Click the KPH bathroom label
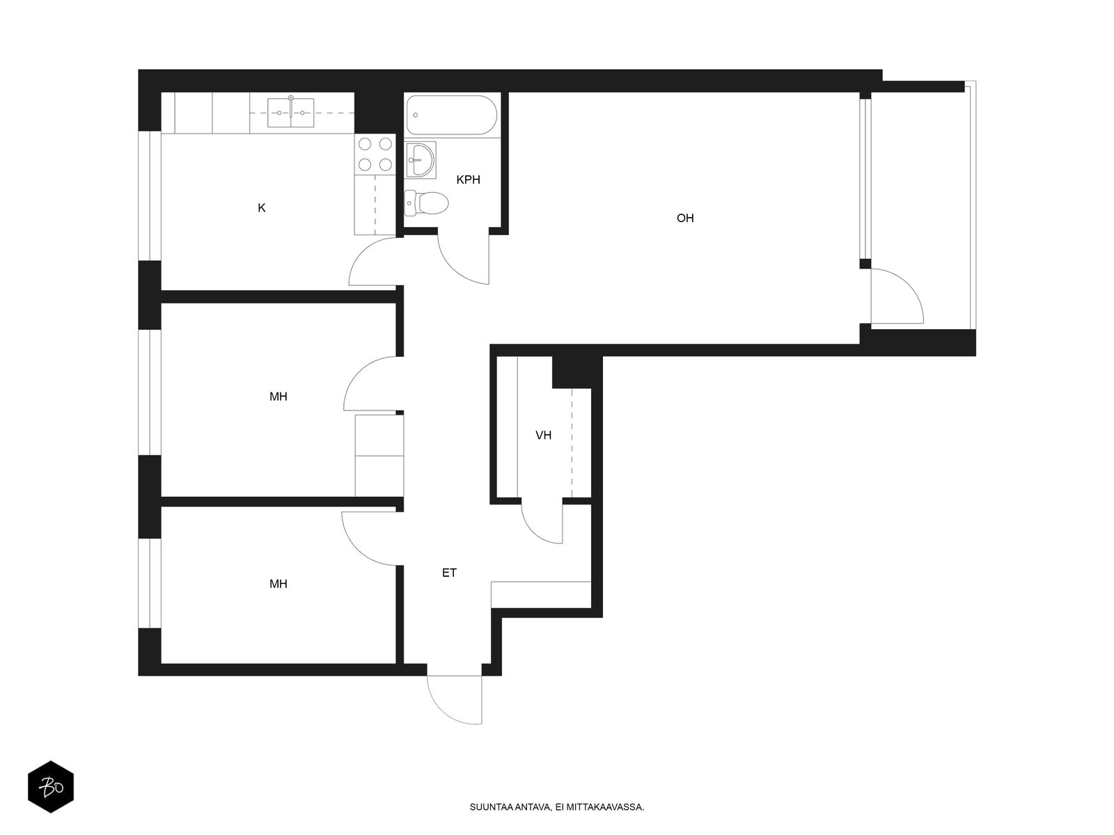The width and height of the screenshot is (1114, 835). [467, 180]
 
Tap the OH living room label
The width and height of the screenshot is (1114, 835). [684, 218]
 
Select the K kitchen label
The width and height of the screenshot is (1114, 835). [261, 208]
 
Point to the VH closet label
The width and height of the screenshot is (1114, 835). [543, 435]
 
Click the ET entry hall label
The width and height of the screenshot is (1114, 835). [449, 573]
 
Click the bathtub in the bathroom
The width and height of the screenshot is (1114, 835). [450, 115]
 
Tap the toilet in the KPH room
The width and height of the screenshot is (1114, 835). [426, 203]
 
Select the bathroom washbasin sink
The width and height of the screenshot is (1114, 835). [421, 160]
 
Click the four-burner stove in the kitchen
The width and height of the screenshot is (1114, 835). [375, 154]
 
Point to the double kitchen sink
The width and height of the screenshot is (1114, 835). [291, 112]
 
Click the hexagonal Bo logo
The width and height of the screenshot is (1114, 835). [51, 787]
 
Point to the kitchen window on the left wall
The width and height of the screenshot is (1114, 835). [150, 196]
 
